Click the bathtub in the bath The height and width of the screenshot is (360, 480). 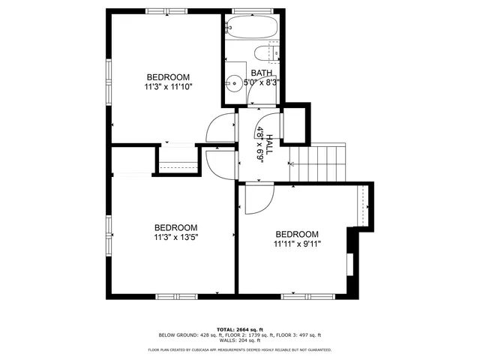[253, 28]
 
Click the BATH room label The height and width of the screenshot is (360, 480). [262, 73]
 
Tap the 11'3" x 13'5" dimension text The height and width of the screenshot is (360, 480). [176, 237]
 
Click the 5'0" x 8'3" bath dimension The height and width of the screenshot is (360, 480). [254, 82]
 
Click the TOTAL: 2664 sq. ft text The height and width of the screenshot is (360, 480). [240, 329]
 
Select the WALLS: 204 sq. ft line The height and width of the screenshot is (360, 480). [240, 340]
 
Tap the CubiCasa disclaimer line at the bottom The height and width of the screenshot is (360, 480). [240, 349]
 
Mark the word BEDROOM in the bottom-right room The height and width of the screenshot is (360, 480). [297, 234]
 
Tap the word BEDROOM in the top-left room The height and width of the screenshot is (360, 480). [168, 77]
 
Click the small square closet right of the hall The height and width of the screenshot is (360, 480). [295, 123]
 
